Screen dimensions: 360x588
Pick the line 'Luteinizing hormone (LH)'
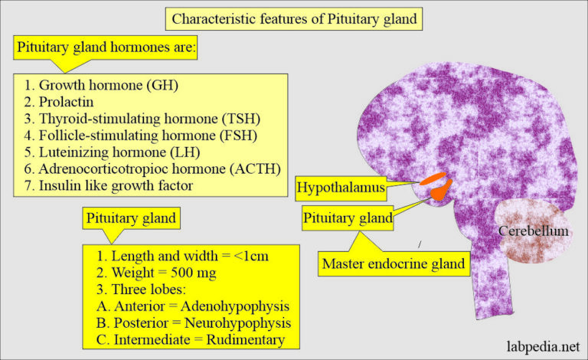click(x=106, y=152)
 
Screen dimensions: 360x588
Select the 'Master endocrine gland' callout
click(x=394, y=264)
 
